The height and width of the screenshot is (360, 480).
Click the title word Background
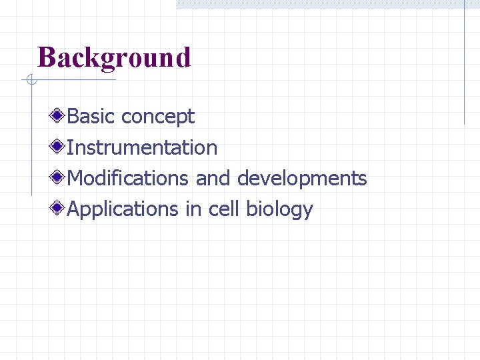[114, 58]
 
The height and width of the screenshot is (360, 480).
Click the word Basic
[91, 117]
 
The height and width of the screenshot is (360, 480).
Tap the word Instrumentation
[143, 147]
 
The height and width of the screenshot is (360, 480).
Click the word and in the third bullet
[213, 178]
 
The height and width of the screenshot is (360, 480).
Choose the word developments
[302, 179]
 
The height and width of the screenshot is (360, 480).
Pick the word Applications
[123, 210]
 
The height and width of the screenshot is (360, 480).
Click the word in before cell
[193, 209]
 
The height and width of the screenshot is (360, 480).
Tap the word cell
[224, 209]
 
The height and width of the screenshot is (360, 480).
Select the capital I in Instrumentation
[71, 147]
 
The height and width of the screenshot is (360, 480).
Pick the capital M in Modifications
[75, 178]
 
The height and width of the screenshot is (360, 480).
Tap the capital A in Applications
[74, 209]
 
